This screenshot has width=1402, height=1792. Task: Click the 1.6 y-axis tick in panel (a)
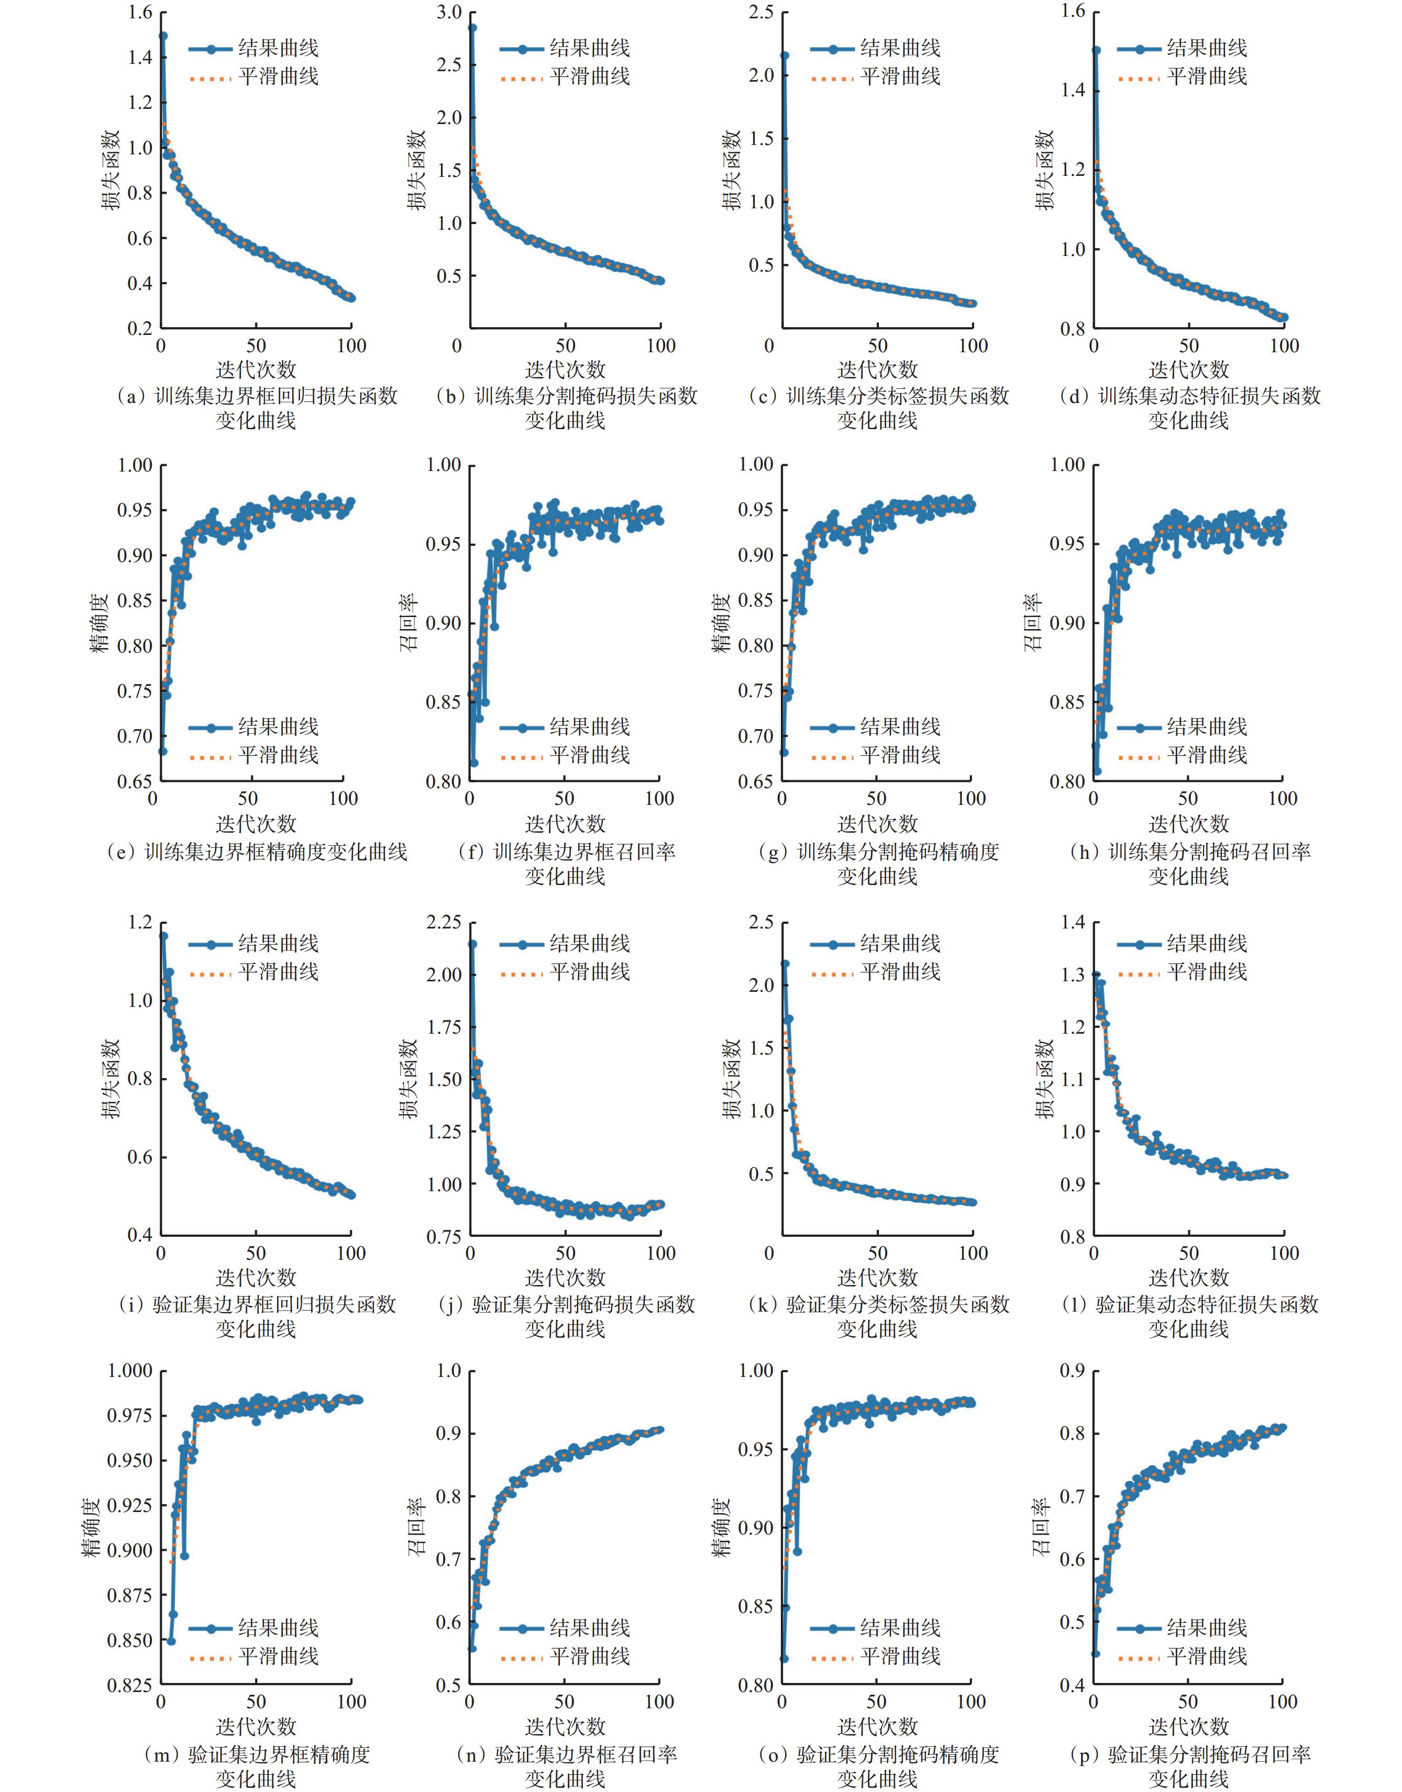point(140,13)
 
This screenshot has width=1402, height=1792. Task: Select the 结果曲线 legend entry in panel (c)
point(900,48)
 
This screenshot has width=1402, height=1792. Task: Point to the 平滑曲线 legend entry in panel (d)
point(1207,77)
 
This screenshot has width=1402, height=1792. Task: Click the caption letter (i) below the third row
point(131,1305)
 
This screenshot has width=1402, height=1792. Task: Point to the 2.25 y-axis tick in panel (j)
point(443,922)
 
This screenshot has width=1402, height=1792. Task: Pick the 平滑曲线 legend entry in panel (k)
point(900,972)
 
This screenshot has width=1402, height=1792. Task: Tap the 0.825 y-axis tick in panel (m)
point(130,1685)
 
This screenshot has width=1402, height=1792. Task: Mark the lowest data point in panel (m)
point(171,1640)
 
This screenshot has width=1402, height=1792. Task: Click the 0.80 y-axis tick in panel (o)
point(755,1685)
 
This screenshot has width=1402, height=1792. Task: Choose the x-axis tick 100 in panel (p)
point(1282,1703)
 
